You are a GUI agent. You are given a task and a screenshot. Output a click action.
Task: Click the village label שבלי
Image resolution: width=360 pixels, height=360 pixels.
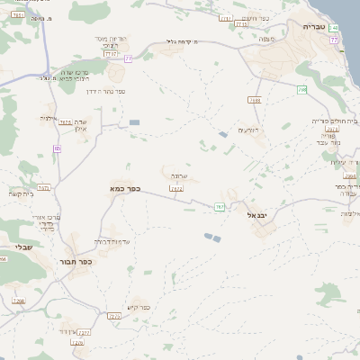click(22, 246)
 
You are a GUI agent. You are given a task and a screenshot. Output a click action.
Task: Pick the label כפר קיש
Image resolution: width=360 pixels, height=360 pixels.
click(139, 307)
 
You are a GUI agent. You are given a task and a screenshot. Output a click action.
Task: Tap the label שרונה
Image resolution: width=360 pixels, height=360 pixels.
click(177, 176)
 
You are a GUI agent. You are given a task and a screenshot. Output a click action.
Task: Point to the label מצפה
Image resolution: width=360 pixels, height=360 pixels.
click(265, 40)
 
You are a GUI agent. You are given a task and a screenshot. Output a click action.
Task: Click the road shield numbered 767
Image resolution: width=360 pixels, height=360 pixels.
click(220, 207)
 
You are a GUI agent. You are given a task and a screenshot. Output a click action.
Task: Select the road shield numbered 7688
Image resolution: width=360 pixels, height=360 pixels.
click(255, 100)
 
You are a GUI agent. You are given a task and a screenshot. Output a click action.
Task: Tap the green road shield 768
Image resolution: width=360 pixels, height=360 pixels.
click(302, 89)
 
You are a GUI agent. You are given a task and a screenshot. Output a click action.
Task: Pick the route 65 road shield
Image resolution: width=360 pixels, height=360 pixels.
click(57, 148)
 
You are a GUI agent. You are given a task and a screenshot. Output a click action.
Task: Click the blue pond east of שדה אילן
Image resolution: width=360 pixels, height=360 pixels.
click(134, 121)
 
